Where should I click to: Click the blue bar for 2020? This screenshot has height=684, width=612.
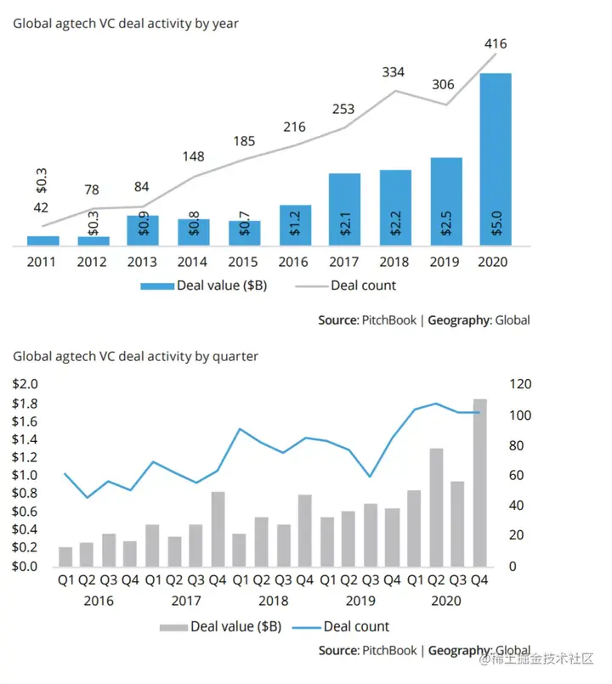coord(496,160)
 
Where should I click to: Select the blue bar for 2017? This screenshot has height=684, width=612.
coord(344,210)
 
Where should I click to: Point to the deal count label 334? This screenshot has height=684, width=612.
coord(392,72)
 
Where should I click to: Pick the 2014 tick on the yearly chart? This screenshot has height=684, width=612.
coord(194,262)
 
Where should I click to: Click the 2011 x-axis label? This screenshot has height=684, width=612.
coord(42,262)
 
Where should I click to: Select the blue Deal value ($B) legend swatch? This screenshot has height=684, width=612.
coord(156,286)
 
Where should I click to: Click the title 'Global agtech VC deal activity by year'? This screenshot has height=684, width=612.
coord(125,24)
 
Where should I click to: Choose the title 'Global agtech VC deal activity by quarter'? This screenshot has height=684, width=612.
coord(135,357)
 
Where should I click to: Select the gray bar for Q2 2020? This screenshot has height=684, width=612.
coord(436,507)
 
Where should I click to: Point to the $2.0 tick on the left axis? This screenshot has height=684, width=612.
coord(25,384)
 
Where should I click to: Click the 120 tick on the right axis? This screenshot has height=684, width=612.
coord(519,384)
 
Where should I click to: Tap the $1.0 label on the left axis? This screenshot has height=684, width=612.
coord(25,475)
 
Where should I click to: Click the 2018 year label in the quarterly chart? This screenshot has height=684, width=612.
coord(273,601)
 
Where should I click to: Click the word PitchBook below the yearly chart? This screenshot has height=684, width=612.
coord(388,320)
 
